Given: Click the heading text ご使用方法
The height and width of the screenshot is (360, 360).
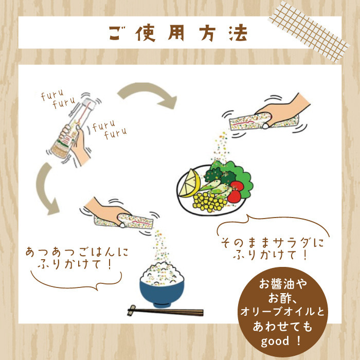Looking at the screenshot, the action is (178, 33).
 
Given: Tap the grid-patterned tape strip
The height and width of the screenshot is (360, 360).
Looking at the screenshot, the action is (309, 32).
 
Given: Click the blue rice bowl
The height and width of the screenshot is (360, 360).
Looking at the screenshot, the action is (162, 294).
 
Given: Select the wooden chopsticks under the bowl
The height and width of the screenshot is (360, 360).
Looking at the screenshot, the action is (165, 311).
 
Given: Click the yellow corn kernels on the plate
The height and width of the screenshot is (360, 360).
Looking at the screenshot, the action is (209, 202).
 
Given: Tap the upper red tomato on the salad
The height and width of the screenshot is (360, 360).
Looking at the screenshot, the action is (237, 186).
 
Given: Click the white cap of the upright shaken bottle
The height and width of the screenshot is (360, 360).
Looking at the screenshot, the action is (88, 104).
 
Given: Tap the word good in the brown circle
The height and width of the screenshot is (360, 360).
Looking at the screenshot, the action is (275, 341).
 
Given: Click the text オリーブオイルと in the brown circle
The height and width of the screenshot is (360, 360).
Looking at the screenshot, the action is (282, 312).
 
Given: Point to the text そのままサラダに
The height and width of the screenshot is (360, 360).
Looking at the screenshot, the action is (273, 243).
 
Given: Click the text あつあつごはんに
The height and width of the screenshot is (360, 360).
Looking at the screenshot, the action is (77, 252).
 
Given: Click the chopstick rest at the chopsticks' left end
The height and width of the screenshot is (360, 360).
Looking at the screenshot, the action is (132, 311).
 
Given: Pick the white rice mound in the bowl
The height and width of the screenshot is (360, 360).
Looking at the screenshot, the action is (162, 274).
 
